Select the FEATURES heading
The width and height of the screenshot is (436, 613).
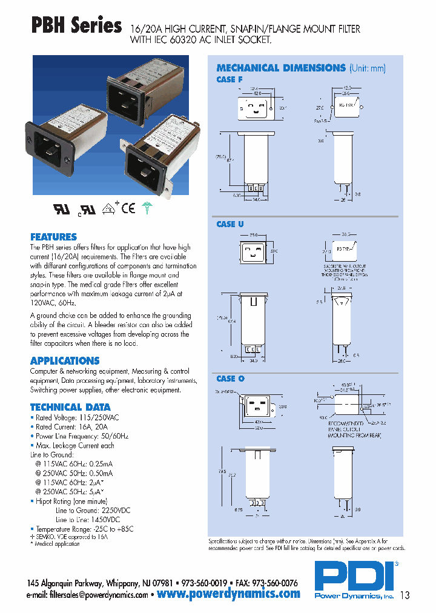[x=53, y=237]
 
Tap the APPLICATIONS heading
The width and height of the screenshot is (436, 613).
[x=65, y=360]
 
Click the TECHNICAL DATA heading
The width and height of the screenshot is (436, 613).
[x=70, y=407]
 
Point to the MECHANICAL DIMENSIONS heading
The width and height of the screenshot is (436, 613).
[x=280, y=68]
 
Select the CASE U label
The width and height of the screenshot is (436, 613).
[x=230, y=224]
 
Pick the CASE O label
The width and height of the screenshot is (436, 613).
[x=230, y=379]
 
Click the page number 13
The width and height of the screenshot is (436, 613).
[x=404, y=595]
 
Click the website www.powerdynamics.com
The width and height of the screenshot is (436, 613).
[x=228, y=594]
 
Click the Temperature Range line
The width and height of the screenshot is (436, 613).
[x=82, y=529]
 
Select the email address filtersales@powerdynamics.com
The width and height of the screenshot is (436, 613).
[x=99, y=595]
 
